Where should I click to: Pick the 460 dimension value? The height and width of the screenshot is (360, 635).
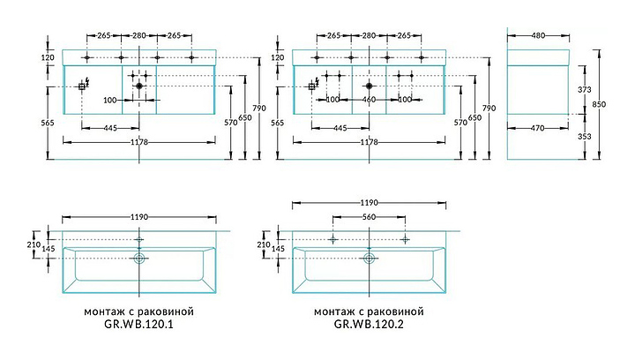coord(369,99)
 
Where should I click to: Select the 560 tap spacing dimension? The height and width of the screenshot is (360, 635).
coord(369,216)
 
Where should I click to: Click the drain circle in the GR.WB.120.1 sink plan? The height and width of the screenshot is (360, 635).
coord(138,259)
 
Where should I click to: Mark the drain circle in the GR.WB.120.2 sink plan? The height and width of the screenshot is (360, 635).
coord(369,259)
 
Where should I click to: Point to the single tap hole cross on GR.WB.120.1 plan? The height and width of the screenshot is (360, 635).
coord(138,239)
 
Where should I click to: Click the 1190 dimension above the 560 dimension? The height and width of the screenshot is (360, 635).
coord(369,200)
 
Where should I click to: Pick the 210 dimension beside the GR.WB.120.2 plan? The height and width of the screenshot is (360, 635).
coord(263,244)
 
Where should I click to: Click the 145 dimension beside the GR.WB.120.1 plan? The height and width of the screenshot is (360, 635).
coord(33,250)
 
